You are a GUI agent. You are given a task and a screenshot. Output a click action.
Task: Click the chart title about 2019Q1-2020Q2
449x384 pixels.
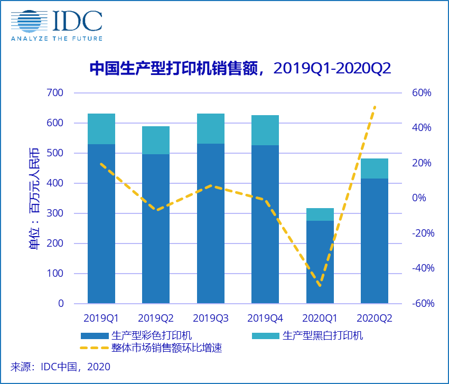[240, 69]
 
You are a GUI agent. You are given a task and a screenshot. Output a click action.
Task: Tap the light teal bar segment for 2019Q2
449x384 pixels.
[156, 140]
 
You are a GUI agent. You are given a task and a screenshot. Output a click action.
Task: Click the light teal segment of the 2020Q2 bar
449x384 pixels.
[375, 168]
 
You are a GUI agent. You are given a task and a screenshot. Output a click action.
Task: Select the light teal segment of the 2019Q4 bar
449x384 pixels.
[265, 130]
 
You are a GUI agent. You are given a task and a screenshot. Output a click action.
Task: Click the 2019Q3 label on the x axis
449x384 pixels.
[211, 318]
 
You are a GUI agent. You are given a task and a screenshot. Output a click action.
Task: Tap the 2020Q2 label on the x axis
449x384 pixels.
[375, 318]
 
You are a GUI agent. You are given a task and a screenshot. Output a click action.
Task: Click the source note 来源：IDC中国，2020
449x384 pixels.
[61, 366]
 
